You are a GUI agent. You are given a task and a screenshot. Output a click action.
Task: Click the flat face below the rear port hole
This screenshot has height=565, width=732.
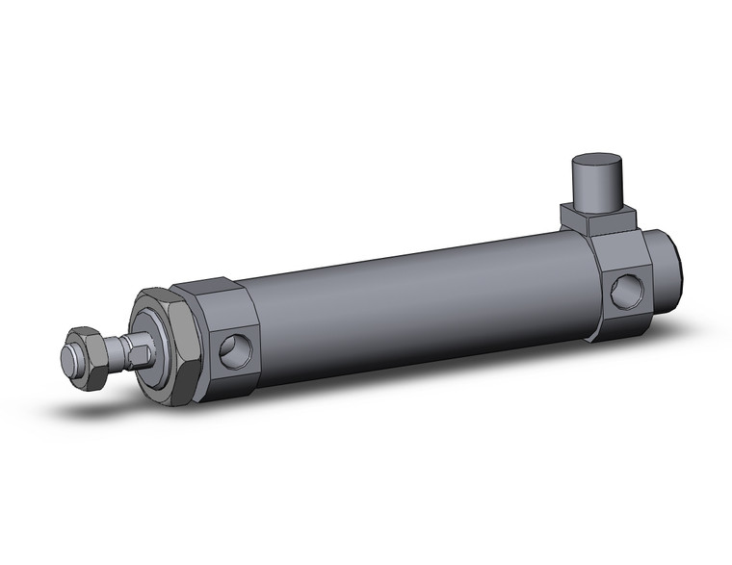[629, 324]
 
